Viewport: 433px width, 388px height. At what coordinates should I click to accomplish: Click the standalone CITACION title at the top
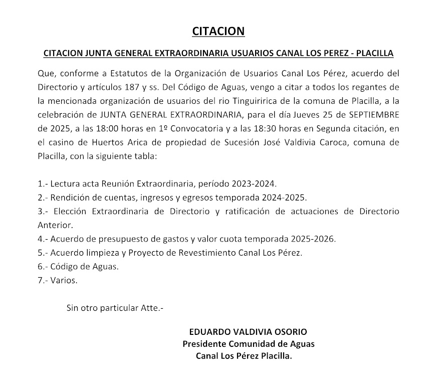218,32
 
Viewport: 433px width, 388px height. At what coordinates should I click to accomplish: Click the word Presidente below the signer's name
204,344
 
